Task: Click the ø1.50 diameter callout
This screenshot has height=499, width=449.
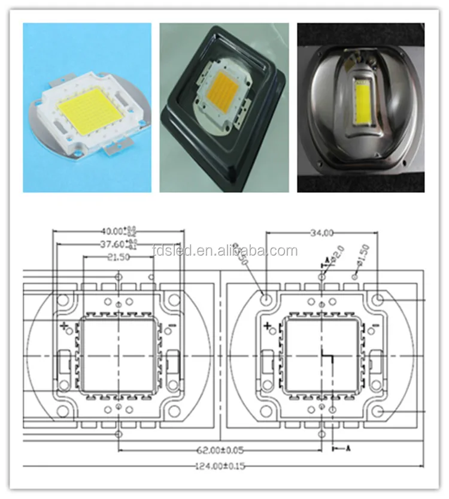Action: pyautogui.click(x=363, y=253)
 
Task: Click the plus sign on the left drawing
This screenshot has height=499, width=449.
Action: pyautogui.click(x=65, y=326)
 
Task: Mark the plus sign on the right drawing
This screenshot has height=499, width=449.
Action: pyautogui.click(x=268, y=326)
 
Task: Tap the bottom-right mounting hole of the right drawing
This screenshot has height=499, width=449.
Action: pyautogui.click(x=378, y=411)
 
